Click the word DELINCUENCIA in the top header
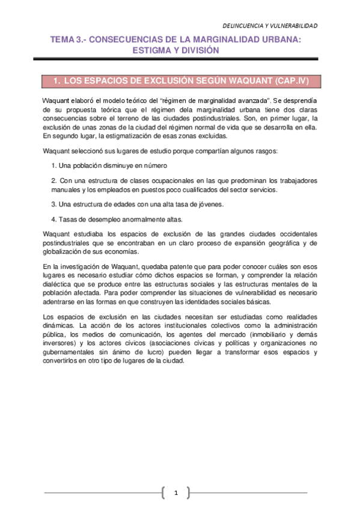tap(243, 25)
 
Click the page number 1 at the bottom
tap(176, 493)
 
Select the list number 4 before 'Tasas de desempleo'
tap(53, 219)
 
